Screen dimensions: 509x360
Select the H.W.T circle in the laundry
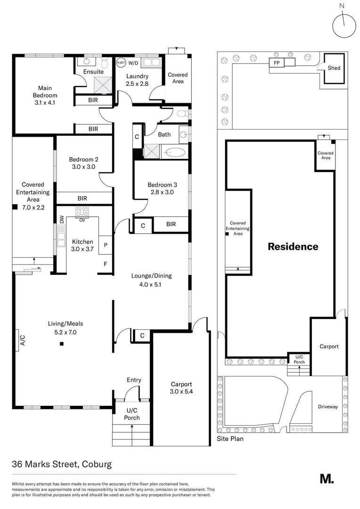coord(120,62)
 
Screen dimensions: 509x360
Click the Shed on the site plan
coord(334,68)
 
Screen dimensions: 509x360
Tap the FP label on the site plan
coord(276,63)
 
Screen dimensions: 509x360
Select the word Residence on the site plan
coord(293,246)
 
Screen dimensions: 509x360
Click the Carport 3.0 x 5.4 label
coord(181,388)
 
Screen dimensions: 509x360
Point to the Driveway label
coord(327,407)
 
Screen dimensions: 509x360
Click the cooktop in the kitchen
coord(82,211)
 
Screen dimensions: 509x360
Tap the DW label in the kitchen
coord(61,219)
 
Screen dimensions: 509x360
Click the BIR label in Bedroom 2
coord(82,198)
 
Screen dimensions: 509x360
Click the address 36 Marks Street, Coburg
coord(62,464)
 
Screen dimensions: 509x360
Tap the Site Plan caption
coord(230,438)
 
